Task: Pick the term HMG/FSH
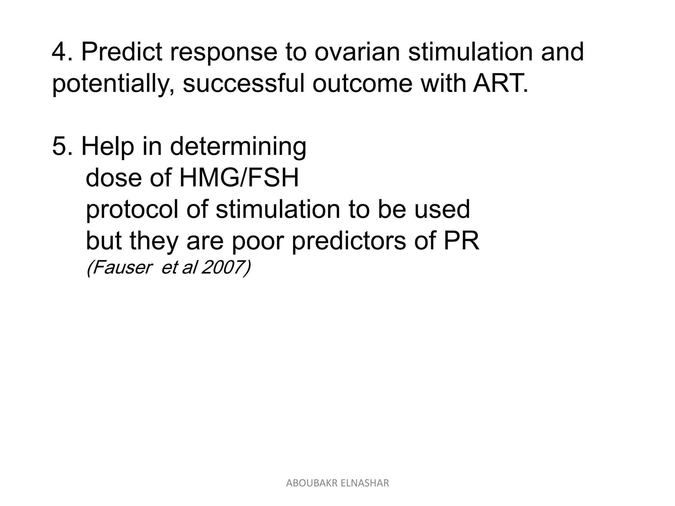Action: pyautogui.click(x=239, y=178)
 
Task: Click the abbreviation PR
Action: pyautogui.click(x=461, y=241)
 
